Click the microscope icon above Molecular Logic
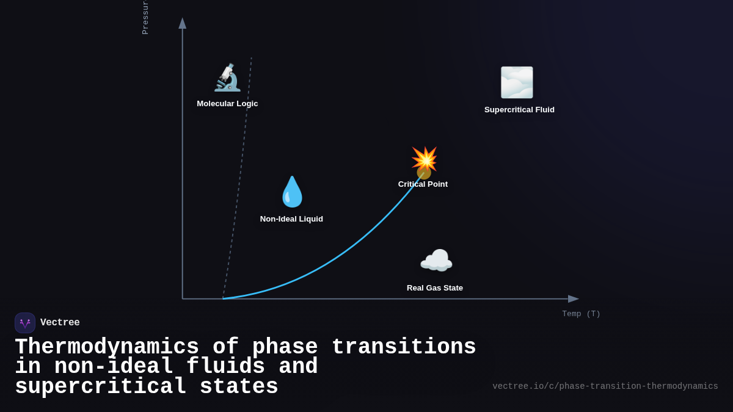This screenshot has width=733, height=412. (227, 78)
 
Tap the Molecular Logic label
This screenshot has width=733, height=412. (227, 104)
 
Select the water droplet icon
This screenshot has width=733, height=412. (292, 192)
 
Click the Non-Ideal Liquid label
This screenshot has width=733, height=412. (291, 219)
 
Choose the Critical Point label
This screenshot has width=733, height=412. (423, 184)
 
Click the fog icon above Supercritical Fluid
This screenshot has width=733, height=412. (517, 82)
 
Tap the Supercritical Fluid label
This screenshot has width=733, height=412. (519, 110)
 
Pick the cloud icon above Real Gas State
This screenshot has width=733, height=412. (436, 261)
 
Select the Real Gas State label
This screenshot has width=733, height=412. (435, 288)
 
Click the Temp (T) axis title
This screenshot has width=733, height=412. (581, 314)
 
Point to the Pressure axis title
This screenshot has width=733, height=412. (145, 18)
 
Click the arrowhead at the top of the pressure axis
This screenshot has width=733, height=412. (182, 23)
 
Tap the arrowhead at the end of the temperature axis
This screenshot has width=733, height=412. (573, 299)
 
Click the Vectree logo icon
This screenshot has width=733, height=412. (25, 323)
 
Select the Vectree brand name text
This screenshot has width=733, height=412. (60, 323)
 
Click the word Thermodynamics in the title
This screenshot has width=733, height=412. (107, 347)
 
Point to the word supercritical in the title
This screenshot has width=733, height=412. (101, 387)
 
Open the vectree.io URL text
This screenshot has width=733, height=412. (605, 386)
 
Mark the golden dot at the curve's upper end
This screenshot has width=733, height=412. (423, 173)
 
